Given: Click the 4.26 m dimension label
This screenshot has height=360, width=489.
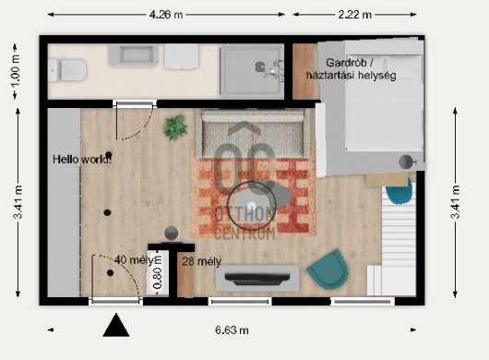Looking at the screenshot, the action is (166, 15).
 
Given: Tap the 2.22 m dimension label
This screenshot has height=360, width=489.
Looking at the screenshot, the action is (355, 15).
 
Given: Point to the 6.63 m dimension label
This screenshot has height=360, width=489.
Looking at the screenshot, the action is (232, 330).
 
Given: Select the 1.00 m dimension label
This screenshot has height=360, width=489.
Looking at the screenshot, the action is (16, 72).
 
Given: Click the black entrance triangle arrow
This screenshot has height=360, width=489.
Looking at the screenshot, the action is (116, 325).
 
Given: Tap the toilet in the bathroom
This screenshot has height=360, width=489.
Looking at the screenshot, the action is (67, 70).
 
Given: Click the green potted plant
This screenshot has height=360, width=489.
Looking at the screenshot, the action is (175, 127).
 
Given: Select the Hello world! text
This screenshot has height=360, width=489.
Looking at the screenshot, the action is (82, 160).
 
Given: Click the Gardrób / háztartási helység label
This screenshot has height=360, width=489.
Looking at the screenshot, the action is (352, 69).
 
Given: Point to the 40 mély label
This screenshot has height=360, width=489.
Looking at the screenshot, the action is (135, 260).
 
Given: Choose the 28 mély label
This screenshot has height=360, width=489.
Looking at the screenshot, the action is (202, 261).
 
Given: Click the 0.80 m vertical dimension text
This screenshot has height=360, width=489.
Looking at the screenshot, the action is (158, 272).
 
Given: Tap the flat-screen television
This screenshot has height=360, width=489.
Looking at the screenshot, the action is (257, 279).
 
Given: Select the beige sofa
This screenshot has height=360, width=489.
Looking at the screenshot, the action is (253, 133).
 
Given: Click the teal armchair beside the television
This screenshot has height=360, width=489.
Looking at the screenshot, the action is (328, 270).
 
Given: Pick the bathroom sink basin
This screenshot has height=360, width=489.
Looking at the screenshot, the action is (133, 54).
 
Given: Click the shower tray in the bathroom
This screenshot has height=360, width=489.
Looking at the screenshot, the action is (252, 70).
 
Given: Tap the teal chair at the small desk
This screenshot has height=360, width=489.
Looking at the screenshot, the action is (400, 190).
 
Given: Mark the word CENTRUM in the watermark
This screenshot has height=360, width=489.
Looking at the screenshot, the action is (245, 234).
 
